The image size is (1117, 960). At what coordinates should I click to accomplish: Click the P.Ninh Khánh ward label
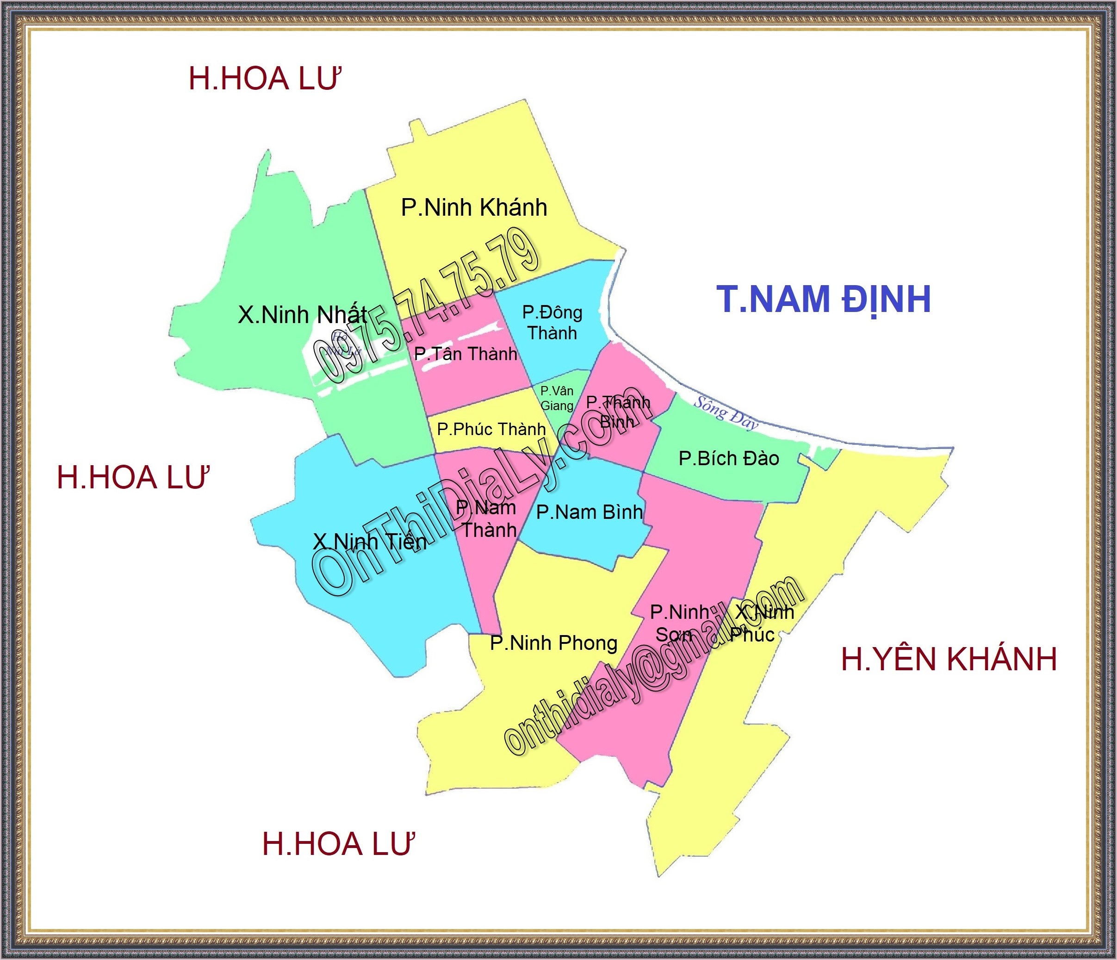(x=474, y=208)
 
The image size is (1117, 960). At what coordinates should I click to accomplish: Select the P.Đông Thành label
(x=552, y=323)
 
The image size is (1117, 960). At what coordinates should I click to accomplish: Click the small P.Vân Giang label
(x=557, y=398)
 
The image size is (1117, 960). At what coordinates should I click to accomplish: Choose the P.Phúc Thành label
(x=491, y=429)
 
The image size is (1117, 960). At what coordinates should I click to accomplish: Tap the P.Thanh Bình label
(x=618, y=411)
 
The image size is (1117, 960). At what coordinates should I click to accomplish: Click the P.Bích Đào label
(x=729, y=458)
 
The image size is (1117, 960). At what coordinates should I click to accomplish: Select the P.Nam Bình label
(x=589, y=512)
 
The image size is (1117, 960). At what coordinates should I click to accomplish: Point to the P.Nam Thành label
(x=487, y=518)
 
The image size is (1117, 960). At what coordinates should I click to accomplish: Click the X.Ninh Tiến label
(x=370, y=542)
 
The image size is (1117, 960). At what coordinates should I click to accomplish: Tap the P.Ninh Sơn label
(x=679, y=623)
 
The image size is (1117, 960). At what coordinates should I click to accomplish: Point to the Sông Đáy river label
(x=726, y=412)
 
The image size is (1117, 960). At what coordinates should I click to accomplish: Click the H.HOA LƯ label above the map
(x=265, y=79)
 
